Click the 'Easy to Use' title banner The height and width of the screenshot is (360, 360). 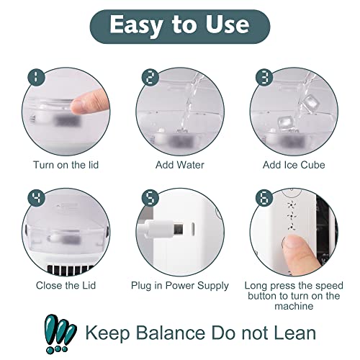point(180,27)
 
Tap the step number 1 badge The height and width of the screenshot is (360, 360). point(36,77)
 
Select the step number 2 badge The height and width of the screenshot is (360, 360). point(150,77)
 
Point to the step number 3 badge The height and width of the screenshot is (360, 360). point(264,77)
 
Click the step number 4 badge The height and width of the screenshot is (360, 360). point(36,198)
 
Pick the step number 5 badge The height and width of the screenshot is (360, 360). point(150,198)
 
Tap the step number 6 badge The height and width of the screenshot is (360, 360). point(264,198)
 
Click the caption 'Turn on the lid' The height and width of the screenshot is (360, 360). point(66,165)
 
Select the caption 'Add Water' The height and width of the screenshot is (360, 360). point(180,165)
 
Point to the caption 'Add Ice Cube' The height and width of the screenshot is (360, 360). point(294,165)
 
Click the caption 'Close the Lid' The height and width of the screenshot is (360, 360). point(66,286)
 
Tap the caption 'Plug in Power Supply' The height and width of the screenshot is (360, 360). point(180,286)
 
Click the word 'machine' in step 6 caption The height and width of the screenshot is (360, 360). point(294,306)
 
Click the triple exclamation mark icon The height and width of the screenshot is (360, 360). point(60,333)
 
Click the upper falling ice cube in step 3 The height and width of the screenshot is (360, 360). point(310,102)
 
